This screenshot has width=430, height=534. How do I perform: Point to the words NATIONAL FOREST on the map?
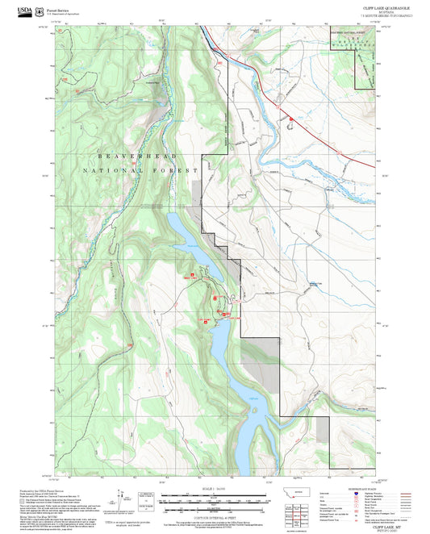[139, 171]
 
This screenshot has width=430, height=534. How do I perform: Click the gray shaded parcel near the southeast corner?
[322, 428]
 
